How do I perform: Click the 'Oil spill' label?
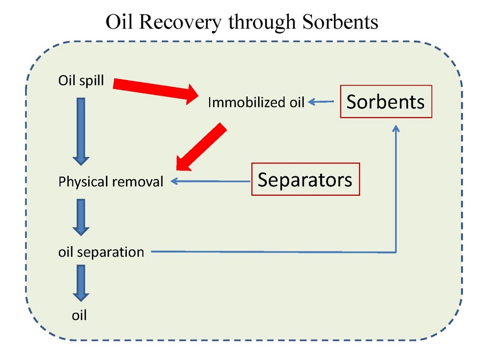pyautogui.click(x=81, y=80)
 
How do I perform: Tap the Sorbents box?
pyautogui.click(x=385, y=101)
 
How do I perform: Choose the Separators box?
pyautogui.click(x=305, y=179)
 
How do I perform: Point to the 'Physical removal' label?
pyautogui.click(x=111, y=181)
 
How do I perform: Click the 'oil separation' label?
pyautogui.click(x=101, y=252)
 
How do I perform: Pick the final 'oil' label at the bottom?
pyautogui.click(x=79, y=315)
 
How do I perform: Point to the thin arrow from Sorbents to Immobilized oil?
pyautogui.click(x=321, y=102)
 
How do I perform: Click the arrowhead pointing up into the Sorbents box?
pyautogui.click(x=397, y=128)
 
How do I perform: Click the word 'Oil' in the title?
pyautogui.click(x=119, y=22)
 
